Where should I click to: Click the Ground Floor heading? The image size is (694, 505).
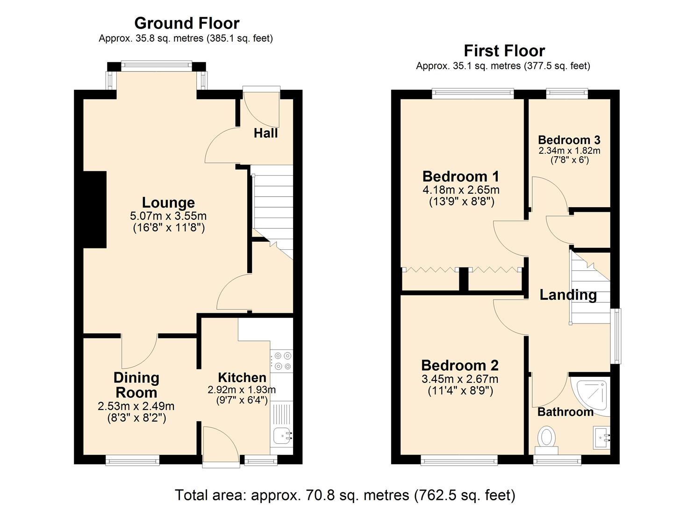(x=186, y=23)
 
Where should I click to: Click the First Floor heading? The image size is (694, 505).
(x=504, y=50)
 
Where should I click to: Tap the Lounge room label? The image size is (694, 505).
(x=168, y=202)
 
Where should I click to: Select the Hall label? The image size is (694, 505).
(x=265, y=133)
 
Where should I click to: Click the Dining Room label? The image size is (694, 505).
(x=136, y=385)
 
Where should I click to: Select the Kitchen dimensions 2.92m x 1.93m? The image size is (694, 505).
(x=242, y=390)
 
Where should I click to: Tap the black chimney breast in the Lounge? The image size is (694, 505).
(x=95, y=209)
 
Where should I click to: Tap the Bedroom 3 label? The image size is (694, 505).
(x=569, y=140)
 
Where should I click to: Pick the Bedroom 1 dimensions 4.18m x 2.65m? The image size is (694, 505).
(x=461, y=190)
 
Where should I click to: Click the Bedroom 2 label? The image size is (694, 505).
(x=460, y=365)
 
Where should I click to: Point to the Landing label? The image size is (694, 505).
(x=568, y=295)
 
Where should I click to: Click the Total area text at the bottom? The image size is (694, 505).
(x=345, y=494)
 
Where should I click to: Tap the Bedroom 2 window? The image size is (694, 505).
(x=459, y=461)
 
